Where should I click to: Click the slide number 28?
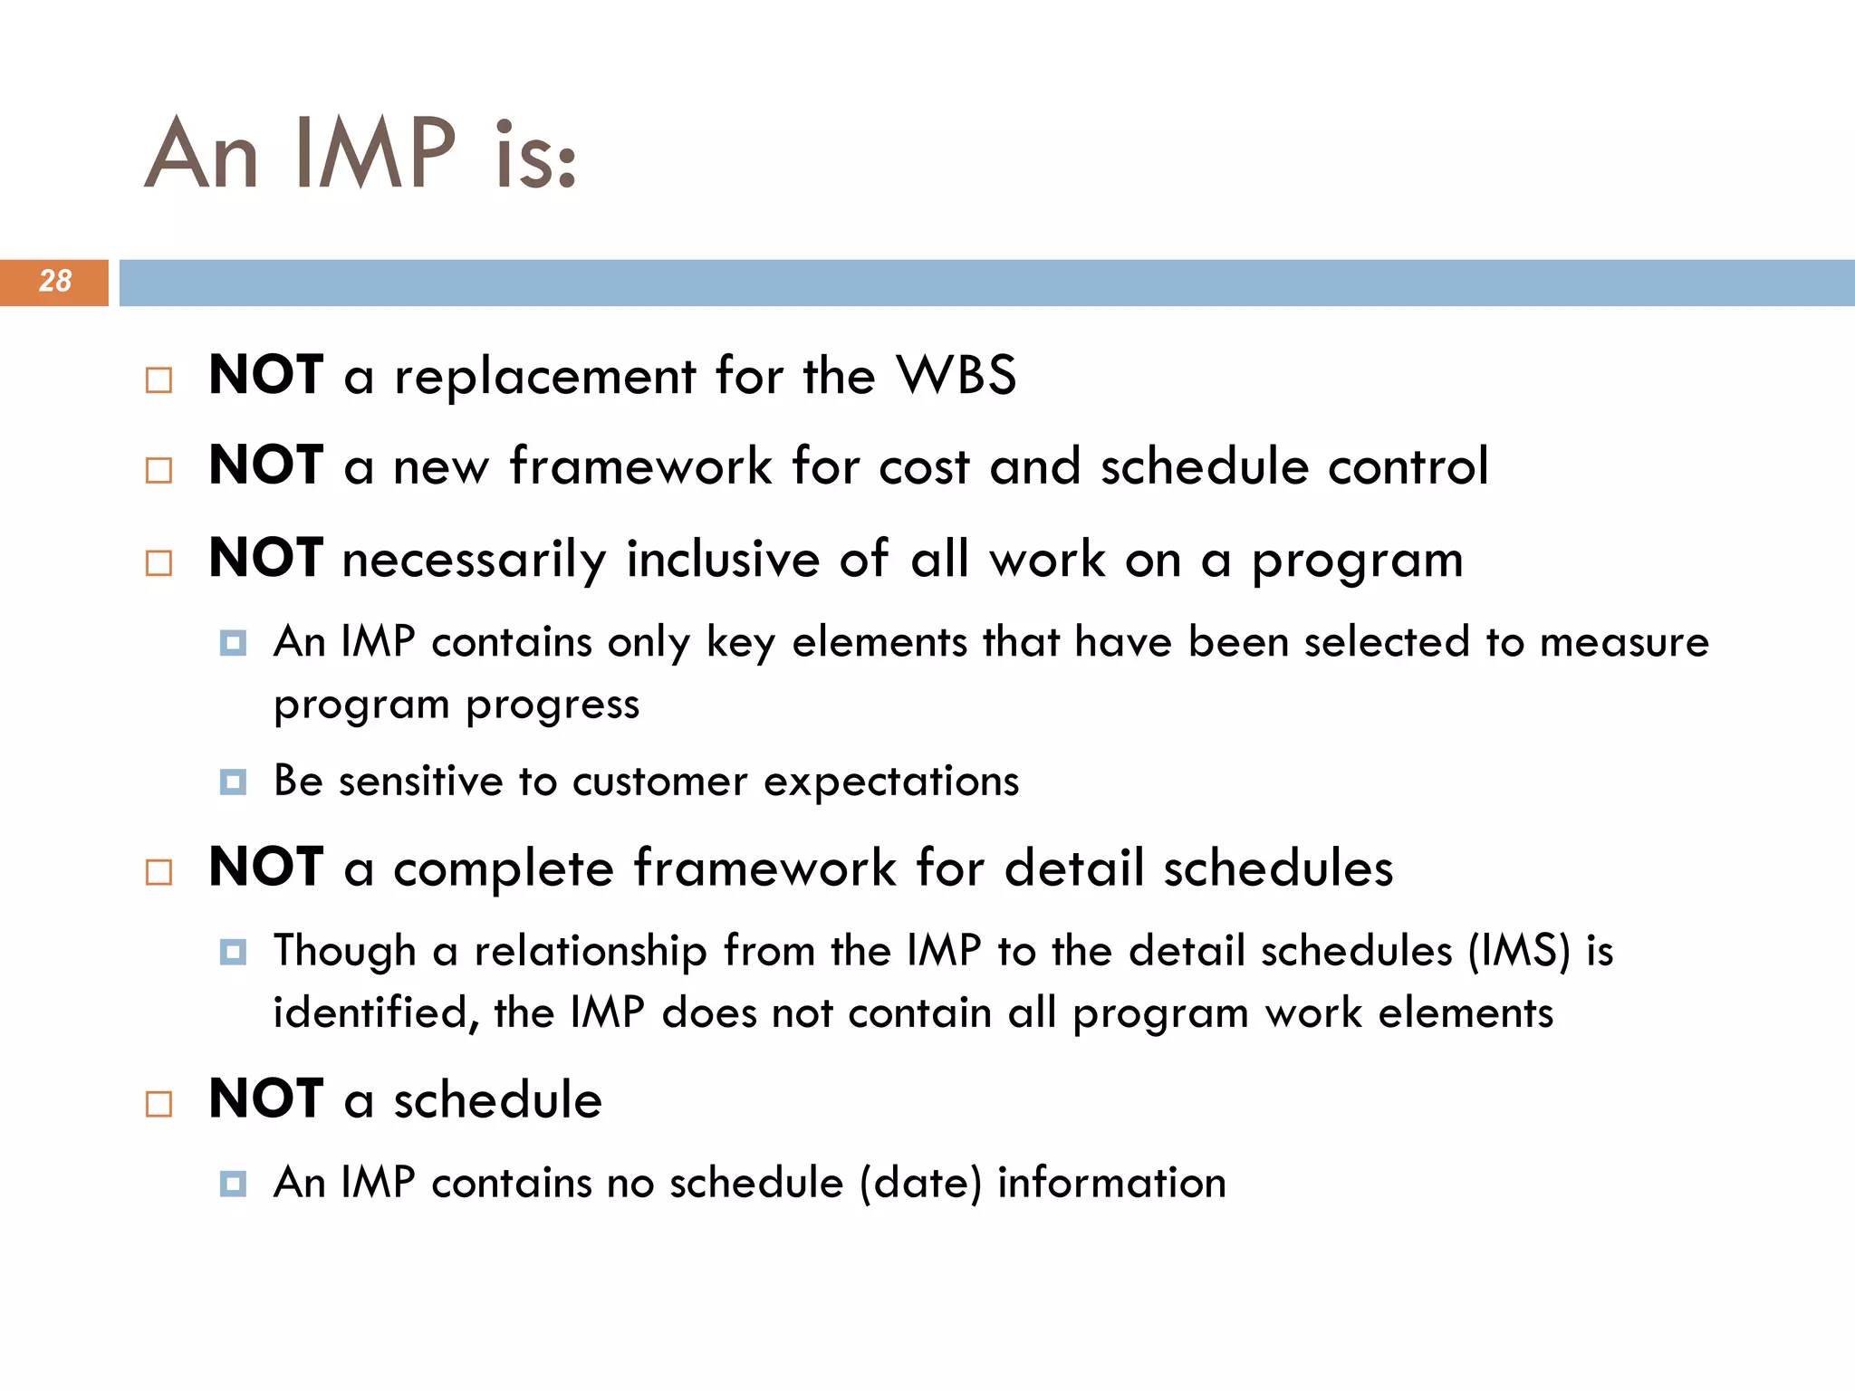click(x=54, y=282)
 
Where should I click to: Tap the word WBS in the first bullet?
click(x=956, y=375)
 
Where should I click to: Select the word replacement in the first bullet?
click(x=544, y=377)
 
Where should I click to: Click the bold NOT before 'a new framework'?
click(x=265, y=465)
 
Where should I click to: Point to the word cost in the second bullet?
click(x=924, y=467)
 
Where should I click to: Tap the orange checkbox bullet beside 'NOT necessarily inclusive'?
click(x=159, y=563)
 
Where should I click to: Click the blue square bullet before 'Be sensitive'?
click(x=233, y=782)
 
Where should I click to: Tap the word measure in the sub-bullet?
click(x=1624, y=643)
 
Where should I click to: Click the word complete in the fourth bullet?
click(x=504, y=868)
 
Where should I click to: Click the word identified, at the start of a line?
click(x=376, y=1013)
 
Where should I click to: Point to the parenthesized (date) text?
click(x=920, y=1184)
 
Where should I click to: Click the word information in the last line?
click(x=1111, y=1184)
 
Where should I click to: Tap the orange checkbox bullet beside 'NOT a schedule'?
click(x=159, y=1104)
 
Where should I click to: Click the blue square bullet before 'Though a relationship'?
click(x=233, y=952)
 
